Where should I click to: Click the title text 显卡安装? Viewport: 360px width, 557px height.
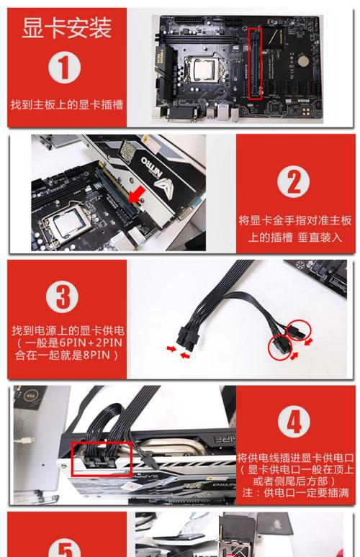click(x=66, y=29)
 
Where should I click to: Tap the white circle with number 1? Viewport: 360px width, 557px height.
click(x=65, y=68)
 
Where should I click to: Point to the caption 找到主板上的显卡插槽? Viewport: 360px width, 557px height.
click(x=66, y=104)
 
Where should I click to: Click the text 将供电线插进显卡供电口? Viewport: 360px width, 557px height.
click(x=295, y=456)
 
